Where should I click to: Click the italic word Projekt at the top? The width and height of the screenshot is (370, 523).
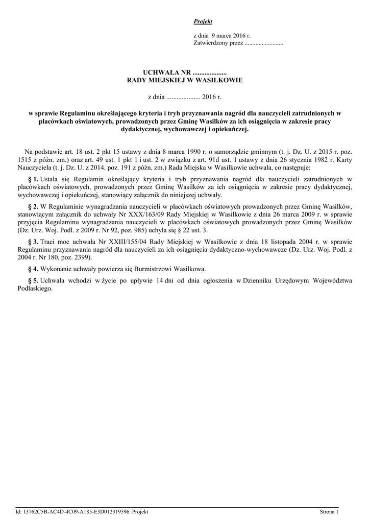point(203,21)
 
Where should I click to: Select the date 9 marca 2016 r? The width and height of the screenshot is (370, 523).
point(228,36)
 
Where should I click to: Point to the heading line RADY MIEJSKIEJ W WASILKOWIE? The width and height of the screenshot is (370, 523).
point(185,81)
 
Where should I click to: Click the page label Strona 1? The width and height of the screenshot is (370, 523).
point(329,511)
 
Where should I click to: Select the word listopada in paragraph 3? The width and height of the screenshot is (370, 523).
point(271,241)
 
